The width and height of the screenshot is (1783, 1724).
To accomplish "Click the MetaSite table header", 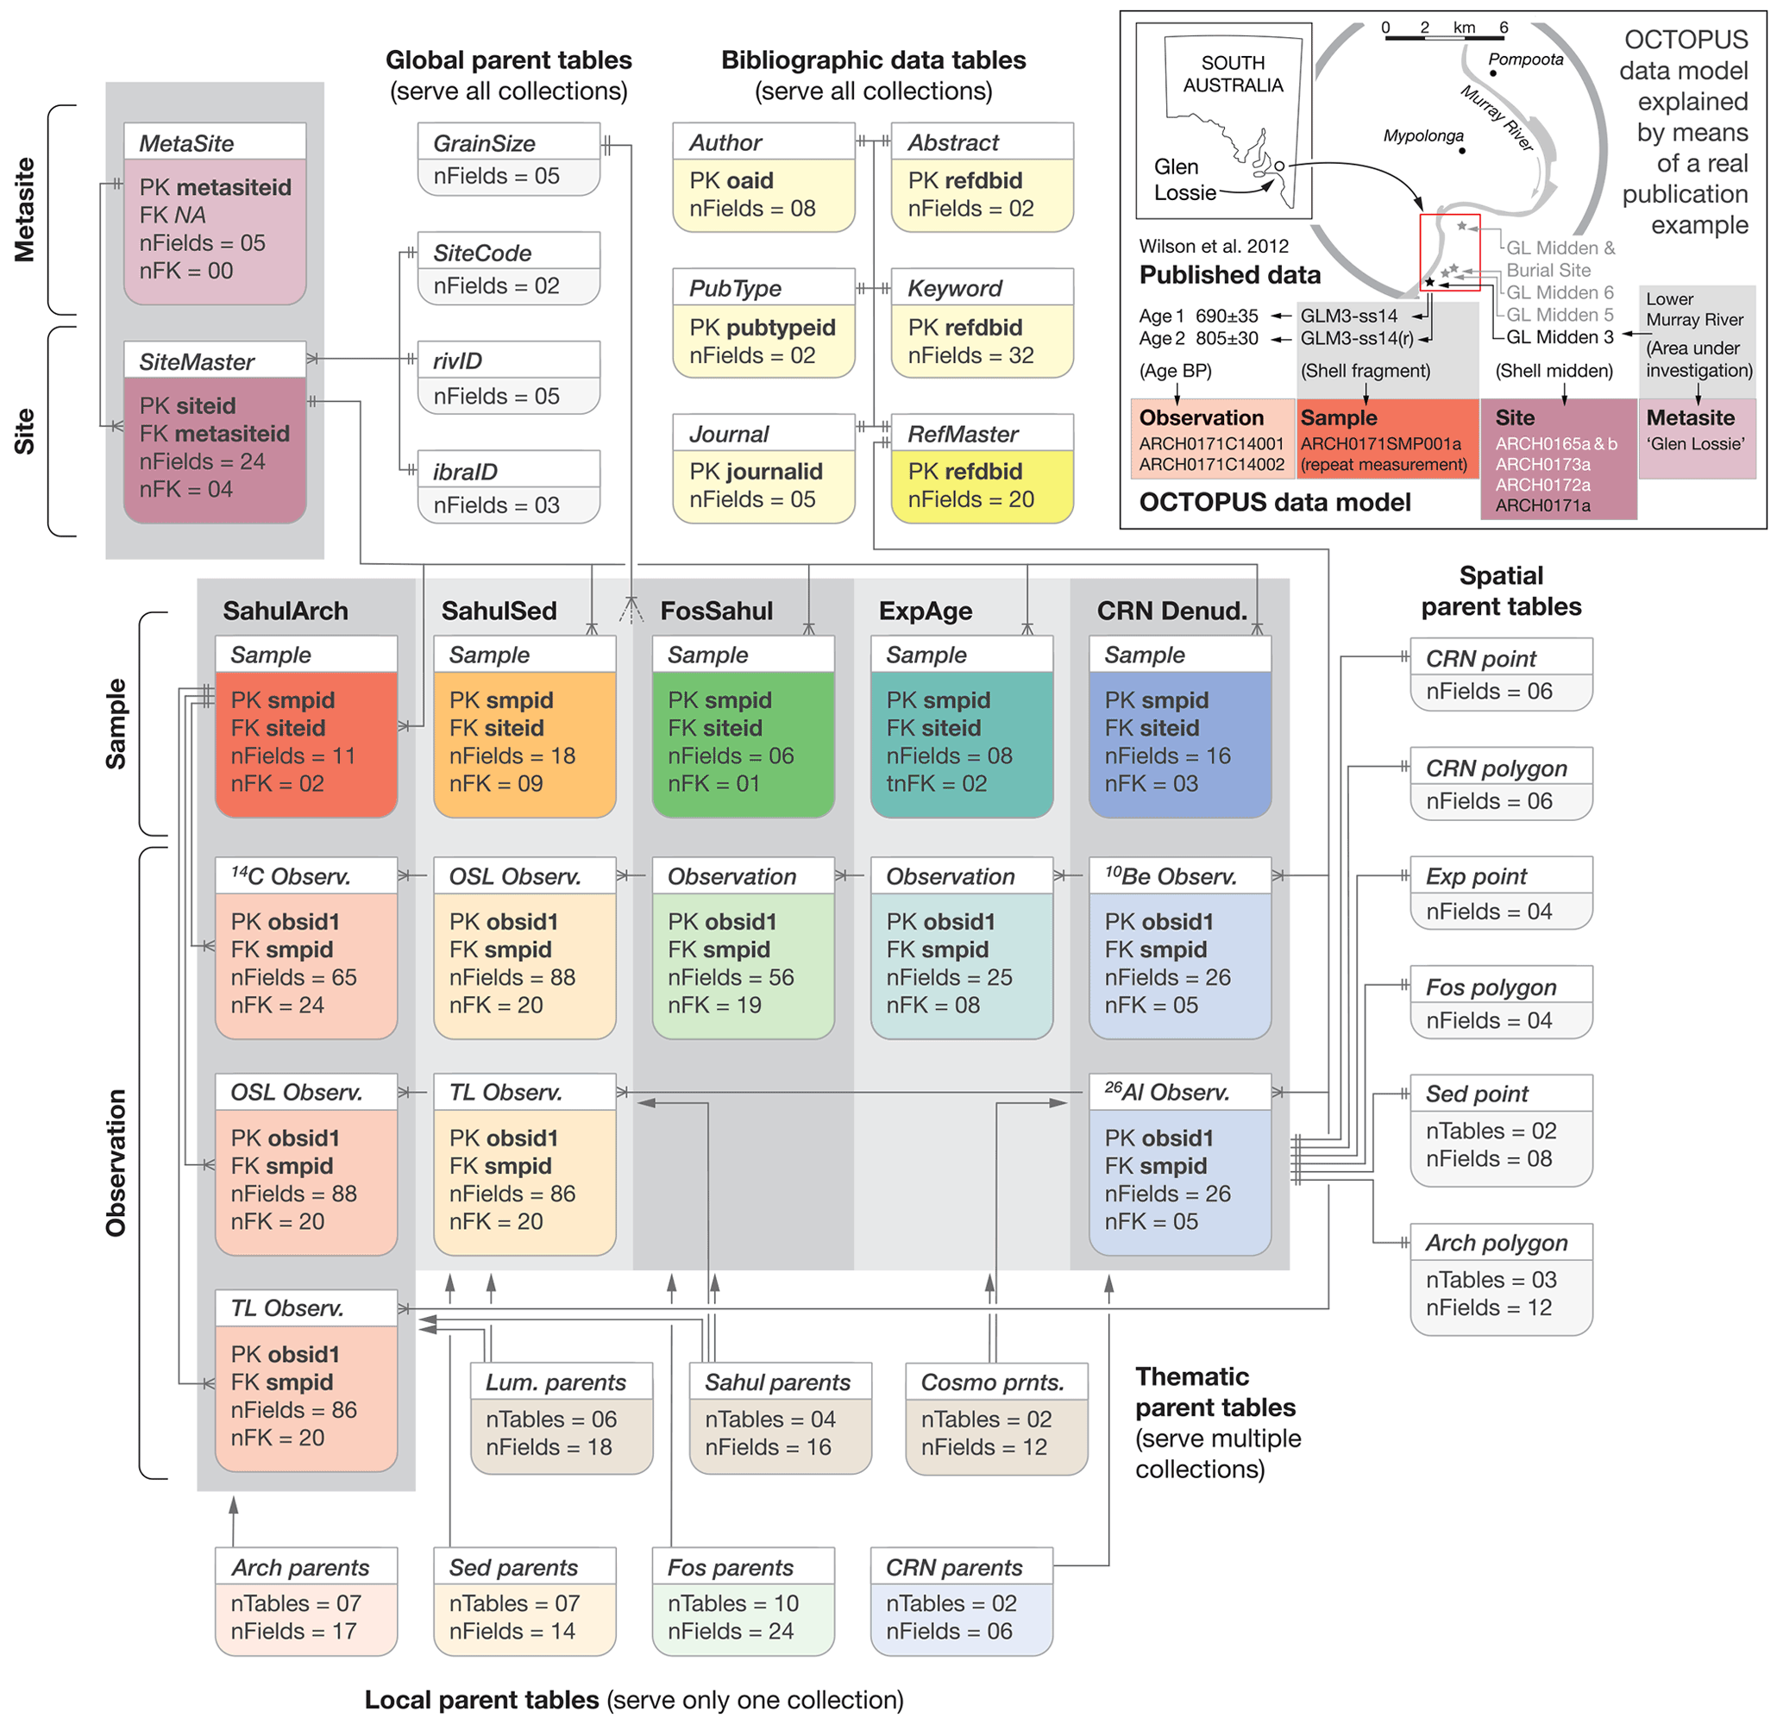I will pyautogui.click(x=214, y=143).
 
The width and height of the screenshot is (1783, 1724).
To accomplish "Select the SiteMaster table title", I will pyautogui.click(x=214, y=361).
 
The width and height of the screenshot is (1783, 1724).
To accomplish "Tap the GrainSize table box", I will pyautogui.click(x=509, y=160).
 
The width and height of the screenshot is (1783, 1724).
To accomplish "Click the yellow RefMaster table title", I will pyautogui.click(x=982, y=434).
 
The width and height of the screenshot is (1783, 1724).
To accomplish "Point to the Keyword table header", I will pyautogui.click(x=982, y=288).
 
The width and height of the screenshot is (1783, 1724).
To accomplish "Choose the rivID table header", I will pyautogui.click(x=509, y=360).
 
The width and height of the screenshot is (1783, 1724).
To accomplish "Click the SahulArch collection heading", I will pyautogui.click(x=285, y=610).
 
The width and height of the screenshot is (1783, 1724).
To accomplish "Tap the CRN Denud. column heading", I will pyautogui.click(x=1171, y=610).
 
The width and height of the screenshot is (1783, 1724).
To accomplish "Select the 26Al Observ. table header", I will pyautogui.click(x=1179, y=1092).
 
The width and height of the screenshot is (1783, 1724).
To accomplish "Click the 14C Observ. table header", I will pyautogui.click(x=305, y=875).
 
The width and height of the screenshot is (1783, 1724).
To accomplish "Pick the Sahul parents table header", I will pyautogui.click(x=780, y=1382).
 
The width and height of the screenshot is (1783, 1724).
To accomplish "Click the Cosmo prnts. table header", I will pyautogui.click(x=996, y=1382).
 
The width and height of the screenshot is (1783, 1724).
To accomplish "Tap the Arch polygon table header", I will pyautogui.click(x=1501, y=1242).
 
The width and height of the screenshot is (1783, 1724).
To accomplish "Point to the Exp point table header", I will pyautogui.click(x=1501, y=875).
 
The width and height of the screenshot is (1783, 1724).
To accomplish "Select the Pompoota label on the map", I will pyautogui.click(x=1526, y=60).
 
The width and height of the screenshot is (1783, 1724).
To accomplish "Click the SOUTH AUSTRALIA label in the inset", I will pyautogui.click(x=1233, y=73).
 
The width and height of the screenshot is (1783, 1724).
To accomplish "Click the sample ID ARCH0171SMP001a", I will pyautogui.click(x=1380, y=444).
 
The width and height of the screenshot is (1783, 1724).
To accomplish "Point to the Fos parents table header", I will pyautogui.click(x=743, y=1567).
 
